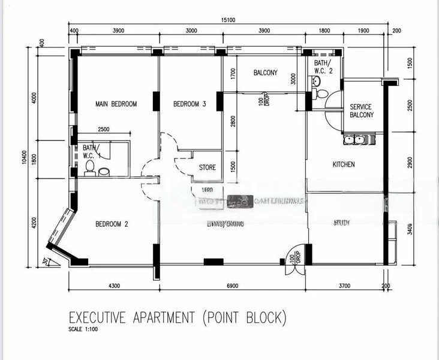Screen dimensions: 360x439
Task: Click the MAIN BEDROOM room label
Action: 116,104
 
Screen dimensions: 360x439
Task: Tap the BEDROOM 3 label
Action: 190,104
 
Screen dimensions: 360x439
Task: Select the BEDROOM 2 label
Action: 113,224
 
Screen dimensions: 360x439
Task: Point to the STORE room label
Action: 207,167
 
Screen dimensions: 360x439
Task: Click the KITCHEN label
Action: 344,164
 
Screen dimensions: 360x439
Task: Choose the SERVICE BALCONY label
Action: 361,111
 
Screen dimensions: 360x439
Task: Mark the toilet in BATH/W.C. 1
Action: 91,167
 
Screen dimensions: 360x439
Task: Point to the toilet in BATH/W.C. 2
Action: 321,94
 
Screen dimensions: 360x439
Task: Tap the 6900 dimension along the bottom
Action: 230,286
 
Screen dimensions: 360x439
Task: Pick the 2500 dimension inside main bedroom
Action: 104,129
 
